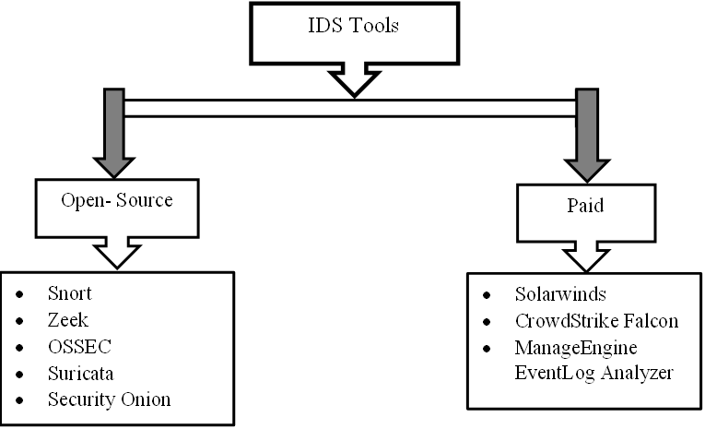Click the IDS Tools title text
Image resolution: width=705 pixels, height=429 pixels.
pos(354,26)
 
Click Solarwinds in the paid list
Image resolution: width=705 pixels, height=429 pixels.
pos(561,297)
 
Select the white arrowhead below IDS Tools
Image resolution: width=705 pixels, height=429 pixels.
pos(353,84)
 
